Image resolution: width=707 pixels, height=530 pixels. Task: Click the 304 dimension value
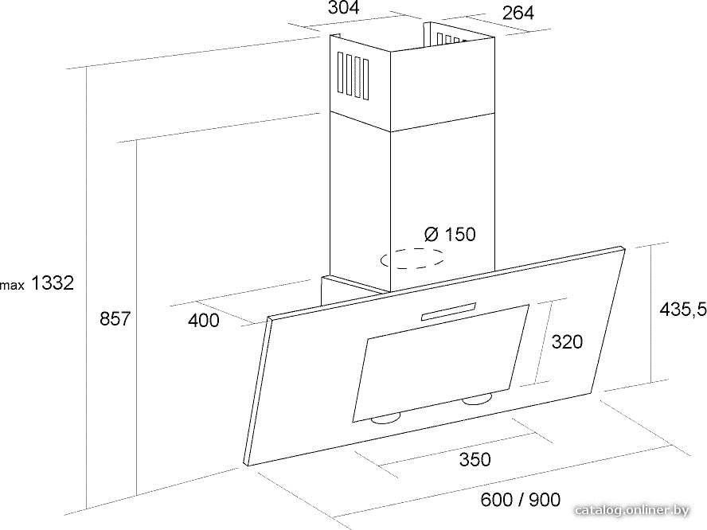[343, 8]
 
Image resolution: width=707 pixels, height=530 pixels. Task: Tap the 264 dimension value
[518, 13]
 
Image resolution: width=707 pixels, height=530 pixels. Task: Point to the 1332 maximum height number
[53, 283]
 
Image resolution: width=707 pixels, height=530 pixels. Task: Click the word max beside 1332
[12, 285]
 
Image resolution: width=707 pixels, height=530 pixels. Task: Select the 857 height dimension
[115, 318]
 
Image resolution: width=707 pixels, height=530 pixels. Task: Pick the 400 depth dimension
[203, 321]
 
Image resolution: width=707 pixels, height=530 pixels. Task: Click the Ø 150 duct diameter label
[450, 234]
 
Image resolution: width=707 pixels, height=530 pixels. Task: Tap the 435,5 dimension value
[682, 309]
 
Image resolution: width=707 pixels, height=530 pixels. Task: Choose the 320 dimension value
[567, 341]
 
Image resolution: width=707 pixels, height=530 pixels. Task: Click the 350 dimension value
[475, 460]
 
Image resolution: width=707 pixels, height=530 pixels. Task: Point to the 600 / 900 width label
[521, 499]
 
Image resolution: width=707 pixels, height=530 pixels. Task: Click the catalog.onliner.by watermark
[632, 511]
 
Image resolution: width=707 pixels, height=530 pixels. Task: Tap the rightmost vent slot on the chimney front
[365, 80]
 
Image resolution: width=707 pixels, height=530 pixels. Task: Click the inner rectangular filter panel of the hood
[440, 363]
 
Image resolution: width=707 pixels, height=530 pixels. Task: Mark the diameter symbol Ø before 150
[432, 234]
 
